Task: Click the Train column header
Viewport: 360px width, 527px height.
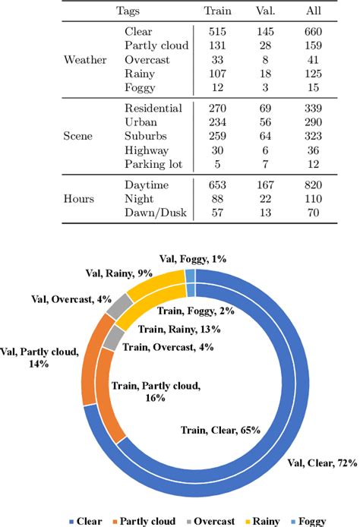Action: (x=217, y=11)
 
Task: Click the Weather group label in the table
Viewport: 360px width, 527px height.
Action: (x=85, y=59)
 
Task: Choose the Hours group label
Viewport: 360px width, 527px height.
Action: (x=80, y=199)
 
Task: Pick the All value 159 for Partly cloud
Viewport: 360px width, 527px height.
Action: (x=313, y=45)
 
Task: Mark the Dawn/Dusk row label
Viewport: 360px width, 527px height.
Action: (x=153, y=213)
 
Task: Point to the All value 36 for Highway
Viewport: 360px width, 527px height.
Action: (x=313, y=150)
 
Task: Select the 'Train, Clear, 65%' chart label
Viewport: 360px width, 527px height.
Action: (x=220, y=430)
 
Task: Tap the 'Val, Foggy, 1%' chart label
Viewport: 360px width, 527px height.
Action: (x=193, y=260)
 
